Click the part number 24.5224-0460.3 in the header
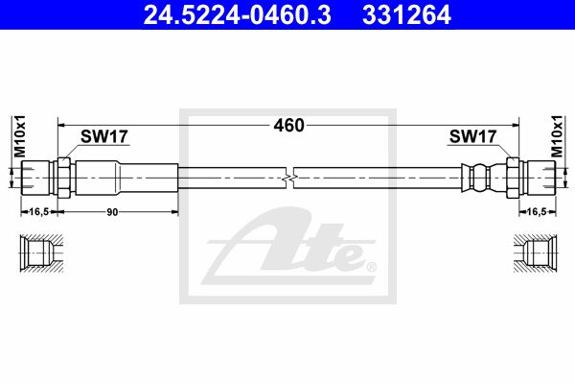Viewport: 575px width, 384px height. tap(237, 15)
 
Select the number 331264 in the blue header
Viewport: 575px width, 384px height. tap(406, 15)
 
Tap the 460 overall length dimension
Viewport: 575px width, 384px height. tap(289, 126)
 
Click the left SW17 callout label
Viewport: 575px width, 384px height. tap(104, 136)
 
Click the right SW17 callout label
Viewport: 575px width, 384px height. tap(472, 136)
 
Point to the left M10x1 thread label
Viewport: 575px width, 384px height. tap(20, 136)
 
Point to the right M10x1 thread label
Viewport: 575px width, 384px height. tap(557, 136)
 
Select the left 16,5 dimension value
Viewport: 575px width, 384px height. tap(39, 211)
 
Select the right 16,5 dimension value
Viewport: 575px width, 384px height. tap(537, 211)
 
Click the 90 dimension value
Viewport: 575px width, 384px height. tap(112, 212)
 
